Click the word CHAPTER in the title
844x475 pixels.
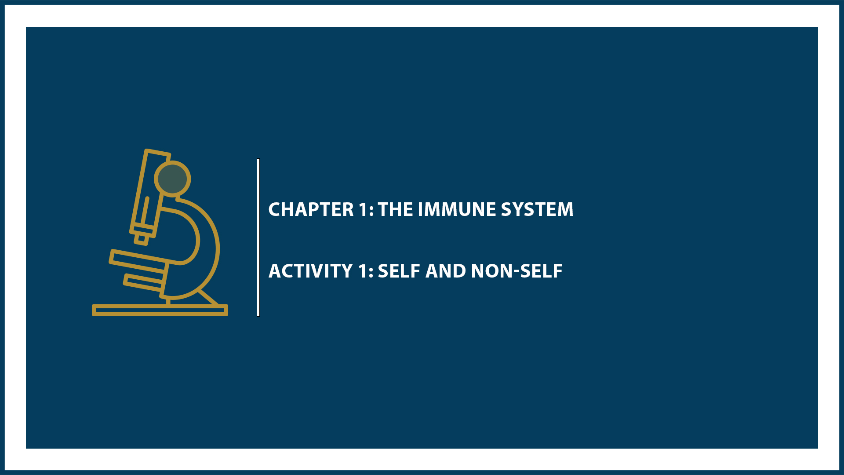click(x=311, y=209)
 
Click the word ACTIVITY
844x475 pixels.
click(x=310, y=271)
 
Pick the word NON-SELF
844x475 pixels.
click(x=517, y=271)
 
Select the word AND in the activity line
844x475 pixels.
click(x=446, y=271)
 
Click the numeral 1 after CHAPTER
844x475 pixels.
click(x=363, y=209)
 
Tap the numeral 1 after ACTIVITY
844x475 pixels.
click(x=363, y=271)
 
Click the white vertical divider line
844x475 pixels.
click(x=258, y=237)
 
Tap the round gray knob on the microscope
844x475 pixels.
click(x=172, y=179)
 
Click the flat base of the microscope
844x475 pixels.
click(x=160, y=310)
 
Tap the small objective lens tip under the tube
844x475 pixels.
click(x=142, y=239)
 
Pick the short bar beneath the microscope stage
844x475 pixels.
click(x=143, y=282)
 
